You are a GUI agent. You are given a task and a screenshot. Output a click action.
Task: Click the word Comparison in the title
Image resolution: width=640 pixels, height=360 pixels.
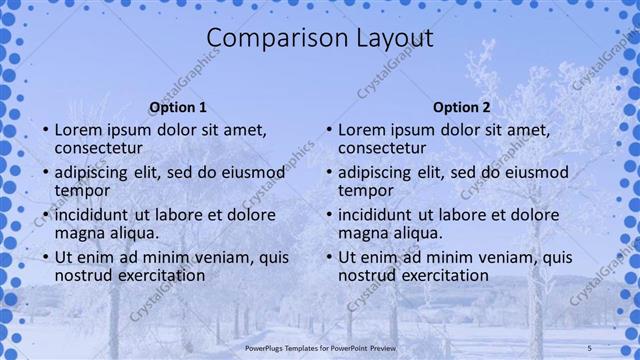266,39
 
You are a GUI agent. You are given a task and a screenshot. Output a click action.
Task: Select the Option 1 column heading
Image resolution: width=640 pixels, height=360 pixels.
178,107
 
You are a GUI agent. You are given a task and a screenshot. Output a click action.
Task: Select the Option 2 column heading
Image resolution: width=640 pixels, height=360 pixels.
462,107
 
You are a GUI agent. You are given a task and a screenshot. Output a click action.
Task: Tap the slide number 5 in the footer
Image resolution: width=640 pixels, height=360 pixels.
590,346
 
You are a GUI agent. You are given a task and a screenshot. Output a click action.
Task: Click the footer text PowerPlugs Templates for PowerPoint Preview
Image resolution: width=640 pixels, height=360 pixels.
320,346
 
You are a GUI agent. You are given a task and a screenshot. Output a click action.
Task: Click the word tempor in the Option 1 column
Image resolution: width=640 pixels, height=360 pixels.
82,190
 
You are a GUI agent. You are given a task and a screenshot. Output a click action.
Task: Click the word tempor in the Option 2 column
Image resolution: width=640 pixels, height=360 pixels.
366,190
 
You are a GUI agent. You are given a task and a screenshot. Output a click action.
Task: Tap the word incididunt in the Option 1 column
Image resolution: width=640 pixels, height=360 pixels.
95,215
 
